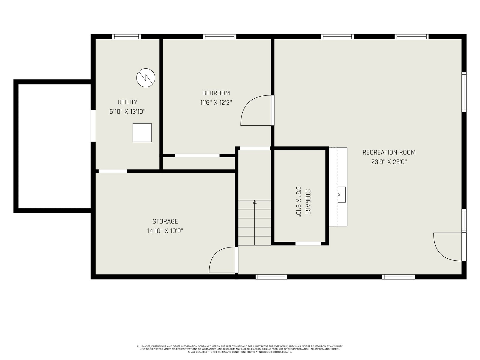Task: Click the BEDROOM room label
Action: tap(216, 93)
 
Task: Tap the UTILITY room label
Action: tap(127, 102)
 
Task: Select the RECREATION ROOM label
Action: tap(389, 152)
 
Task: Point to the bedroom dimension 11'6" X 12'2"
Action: tap(216, 103)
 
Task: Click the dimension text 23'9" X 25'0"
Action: tap(389, 162)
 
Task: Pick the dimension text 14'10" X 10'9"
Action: tap(165, 231)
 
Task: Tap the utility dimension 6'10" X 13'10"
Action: tap(127, 112)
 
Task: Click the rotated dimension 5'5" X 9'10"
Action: tap(298, 202)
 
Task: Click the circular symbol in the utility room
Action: tap(145, 78)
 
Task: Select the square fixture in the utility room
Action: tap(142, 133)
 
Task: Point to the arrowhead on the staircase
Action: tap(254, 202)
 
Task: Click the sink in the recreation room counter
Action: tap(342, 194)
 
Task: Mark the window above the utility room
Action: tap(126, 37)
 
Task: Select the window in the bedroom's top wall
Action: tap(219, 37)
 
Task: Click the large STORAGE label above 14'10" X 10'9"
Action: tap(165, 221)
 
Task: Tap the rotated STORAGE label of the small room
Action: tap(308, 202)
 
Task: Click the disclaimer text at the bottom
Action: tap(240, 349)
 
